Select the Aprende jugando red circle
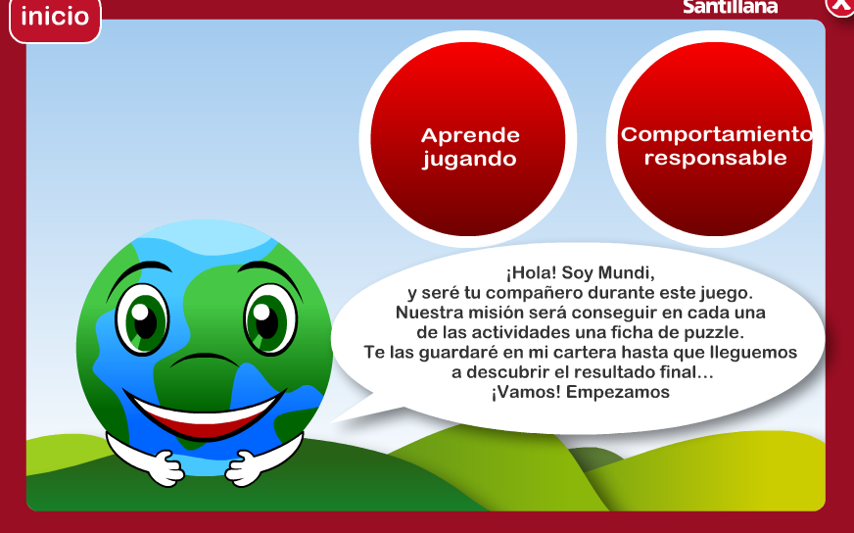(468, 139)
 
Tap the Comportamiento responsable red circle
(715, 139)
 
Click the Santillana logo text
(730, 7)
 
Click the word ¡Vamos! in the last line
(526, 392)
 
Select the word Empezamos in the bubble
(618, 392)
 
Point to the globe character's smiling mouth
(205, 413)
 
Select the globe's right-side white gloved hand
(244, 468)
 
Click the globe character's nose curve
(205, 360)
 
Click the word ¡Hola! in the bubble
(531, 272)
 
